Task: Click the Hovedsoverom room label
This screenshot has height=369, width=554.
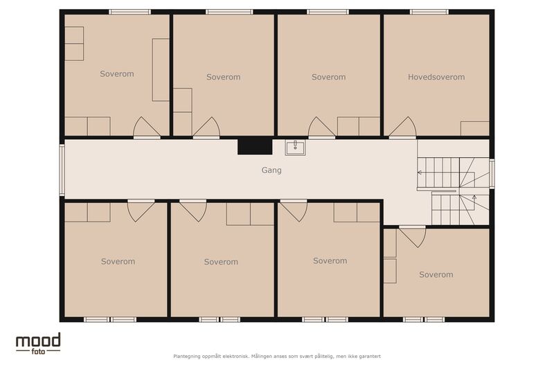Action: pyautogui.click(x=436, y=77)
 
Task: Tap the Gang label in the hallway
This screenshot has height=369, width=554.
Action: pyautogui.click(x=271, y=170)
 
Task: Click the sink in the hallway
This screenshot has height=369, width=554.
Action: pyautogui.click(x=296, y=147)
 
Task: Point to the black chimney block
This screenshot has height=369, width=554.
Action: pyautogui.click(x=255, y=147)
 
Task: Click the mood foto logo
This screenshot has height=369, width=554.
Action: pyautogui.click(x=38, y=343)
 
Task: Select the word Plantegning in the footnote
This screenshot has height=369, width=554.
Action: pyautogui.click(x=186, y=357)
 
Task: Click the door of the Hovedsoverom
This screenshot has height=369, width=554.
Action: pyautogui.click(x=403, y=127)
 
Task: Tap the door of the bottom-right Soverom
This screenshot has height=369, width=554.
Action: pyautogui.click(x=412, y=237)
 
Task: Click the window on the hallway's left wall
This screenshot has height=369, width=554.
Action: pyautogui.click(x=62, y=170)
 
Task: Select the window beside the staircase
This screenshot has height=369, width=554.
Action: pyautogui.click(x=492, y=173)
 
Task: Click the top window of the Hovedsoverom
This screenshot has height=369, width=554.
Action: pyautogui.click(x=429, y=12)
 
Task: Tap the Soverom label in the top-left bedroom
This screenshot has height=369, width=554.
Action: pyautogui.click(x=117, y=74)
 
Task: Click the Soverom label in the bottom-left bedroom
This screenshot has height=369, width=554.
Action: pyautogui.click(x=118, y=262)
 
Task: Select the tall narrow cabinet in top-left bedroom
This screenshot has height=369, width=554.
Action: pyautogui.click(x=161, y=70)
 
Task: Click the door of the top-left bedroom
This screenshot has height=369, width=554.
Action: pyautogui.click(x=147, y=127)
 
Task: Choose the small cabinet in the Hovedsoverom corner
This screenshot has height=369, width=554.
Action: pyautogui.click(x=474, y=129)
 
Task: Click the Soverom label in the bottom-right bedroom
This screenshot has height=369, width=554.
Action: pyautogui.click(x=436, y=275)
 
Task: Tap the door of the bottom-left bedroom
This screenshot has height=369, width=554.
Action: pyautogui.click(x=141, y=210)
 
